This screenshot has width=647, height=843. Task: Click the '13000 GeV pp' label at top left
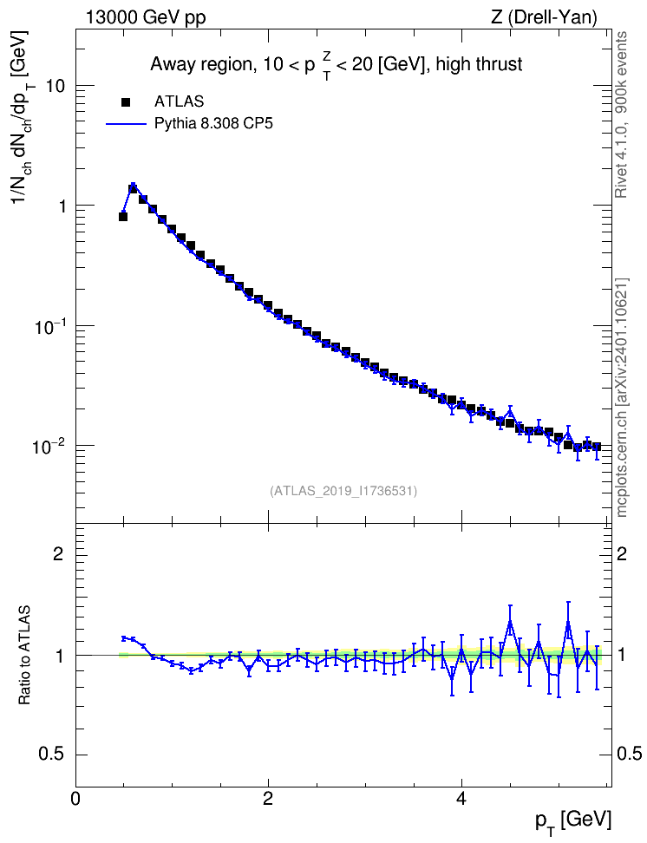point(145,17)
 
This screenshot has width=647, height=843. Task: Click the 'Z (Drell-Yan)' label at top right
point(544,17)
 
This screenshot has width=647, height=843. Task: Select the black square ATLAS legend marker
point(126,101)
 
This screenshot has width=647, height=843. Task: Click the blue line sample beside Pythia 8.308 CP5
point(126,124)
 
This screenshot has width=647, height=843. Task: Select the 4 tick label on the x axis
point(461,798)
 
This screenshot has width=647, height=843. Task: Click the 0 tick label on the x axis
point(75,798)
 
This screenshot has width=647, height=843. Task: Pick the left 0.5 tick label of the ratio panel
point(51,755)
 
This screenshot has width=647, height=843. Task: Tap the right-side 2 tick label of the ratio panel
point(622,553)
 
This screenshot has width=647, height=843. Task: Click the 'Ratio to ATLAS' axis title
point(24,655)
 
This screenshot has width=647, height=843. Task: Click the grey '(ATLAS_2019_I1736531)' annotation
point(343,491)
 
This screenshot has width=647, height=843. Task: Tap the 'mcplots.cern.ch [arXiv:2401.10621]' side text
point(622,398)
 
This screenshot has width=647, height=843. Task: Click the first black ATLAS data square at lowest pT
point(123,217)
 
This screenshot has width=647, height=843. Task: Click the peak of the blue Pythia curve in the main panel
point(133,184)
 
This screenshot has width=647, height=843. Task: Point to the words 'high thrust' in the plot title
point(479,64)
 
